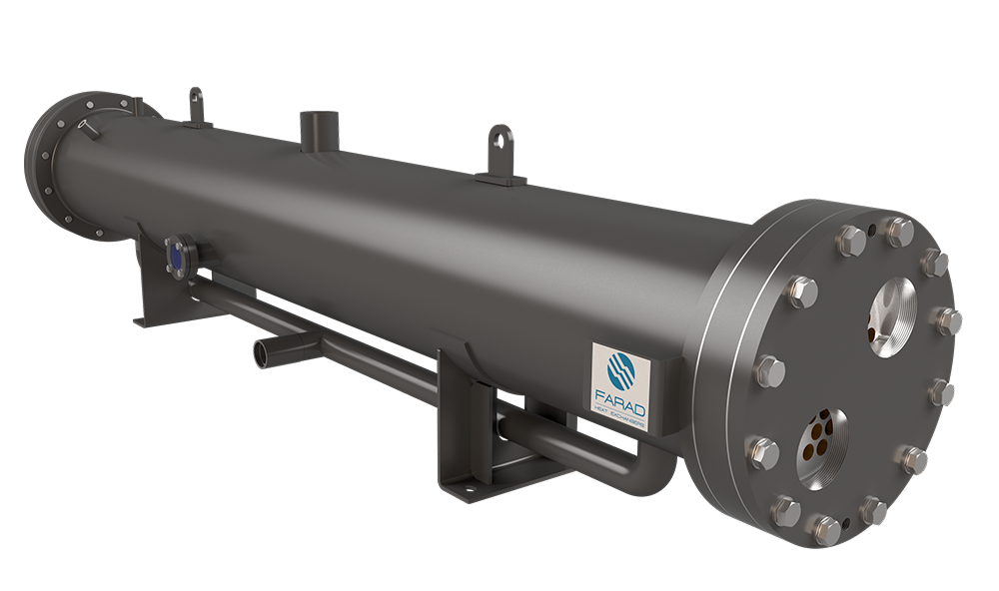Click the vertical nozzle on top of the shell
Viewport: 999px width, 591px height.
pos(317,131)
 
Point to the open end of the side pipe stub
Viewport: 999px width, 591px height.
pos(262,354)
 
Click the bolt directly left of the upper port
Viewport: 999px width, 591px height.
pos(802,292)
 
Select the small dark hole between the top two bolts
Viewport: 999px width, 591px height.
pos(872,231)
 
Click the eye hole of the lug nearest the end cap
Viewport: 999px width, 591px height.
pos(501,134)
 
